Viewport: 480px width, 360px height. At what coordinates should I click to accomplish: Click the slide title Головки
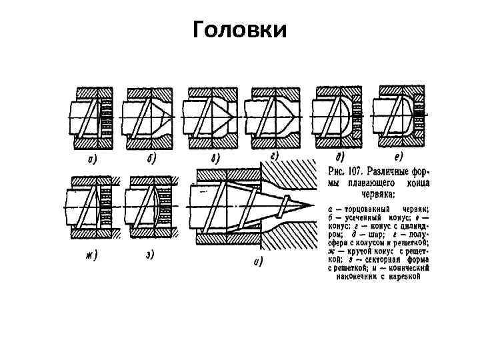239,30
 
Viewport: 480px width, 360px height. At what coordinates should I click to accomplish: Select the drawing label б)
152,159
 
